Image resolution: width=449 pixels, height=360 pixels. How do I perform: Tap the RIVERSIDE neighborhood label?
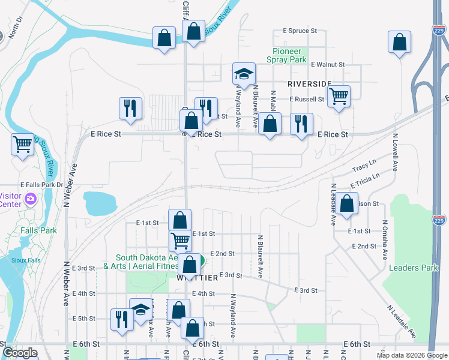[309, 83]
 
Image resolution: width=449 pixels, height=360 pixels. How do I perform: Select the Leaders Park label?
[414, 268]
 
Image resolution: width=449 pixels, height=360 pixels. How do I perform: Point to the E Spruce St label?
[300, 31]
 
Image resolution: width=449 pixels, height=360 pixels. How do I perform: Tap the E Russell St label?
[306, 99]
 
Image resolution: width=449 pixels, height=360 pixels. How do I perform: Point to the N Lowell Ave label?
[396, 157]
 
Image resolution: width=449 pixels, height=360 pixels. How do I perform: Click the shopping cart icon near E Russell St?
[339, 95]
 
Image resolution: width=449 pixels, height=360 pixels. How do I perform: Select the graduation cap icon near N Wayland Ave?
[244, 74]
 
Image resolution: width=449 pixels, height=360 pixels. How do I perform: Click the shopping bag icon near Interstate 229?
[400, 43]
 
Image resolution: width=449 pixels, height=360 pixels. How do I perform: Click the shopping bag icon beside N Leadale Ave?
[347, 203]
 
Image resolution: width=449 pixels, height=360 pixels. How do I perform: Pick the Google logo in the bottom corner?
[20, 353]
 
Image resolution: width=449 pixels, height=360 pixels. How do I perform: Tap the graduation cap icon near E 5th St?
[141, 310]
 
